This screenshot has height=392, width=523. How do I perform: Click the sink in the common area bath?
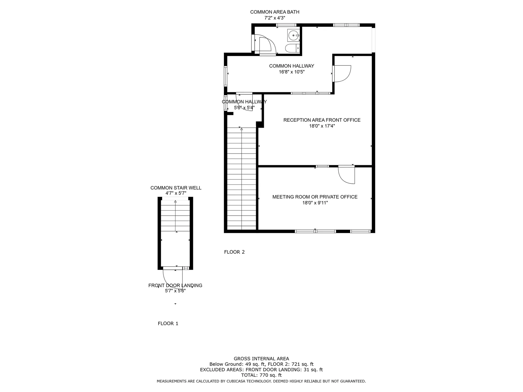click(x=294, y=35)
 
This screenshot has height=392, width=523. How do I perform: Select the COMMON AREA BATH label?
click(x=275, y=12)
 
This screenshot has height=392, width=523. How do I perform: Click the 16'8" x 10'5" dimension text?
click(x=291, y=72)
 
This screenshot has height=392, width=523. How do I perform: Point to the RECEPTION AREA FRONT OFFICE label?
click(x=322, y=120)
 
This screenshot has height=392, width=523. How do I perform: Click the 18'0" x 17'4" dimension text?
click(x=322, y=126)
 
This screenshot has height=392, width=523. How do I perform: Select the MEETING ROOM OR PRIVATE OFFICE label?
click(x=315, y=197)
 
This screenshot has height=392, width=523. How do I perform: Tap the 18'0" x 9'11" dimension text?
click(x=315, y=203)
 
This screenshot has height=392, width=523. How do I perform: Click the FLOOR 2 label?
click(x=234, y=252)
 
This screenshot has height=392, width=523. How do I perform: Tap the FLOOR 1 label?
click(x=168, y=323)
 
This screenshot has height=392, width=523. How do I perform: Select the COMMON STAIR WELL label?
click(x=176, y=188)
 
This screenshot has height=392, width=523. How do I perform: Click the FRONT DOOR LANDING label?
click(x=175, y=285)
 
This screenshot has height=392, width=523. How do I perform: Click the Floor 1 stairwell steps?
click(x=175, y=216)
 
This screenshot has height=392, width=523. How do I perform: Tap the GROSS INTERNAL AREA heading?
click(x=261, y=359)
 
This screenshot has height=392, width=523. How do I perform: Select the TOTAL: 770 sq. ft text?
click(x=261, y=375)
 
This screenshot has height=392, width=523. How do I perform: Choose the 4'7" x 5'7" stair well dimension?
click(x=176, y=193)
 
